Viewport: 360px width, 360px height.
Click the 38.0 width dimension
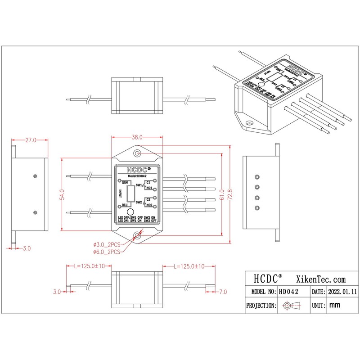[137, 137]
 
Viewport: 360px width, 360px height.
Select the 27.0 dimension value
[30, 140]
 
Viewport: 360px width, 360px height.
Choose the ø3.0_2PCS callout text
[107, 244]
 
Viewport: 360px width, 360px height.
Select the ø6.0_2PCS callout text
[107, 252]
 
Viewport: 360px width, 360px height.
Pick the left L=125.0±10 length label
[89, 266]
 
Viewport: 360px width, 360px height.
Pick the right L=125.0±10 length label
[189, 266]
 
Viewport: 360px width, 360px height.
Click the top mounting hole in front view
[137, 154]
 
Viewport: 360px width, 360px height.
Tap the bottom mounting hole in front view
[137, 234]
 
